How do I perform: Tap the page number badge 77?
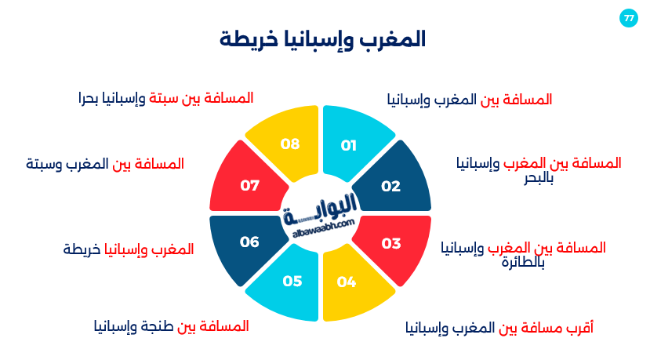[x=628, y=18]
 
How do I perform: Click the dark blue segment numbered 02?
[x=390, y=186]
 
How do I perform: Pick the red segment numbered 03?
[x=390, y=243]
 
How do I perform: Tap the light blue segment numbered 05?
[x=292, y=281]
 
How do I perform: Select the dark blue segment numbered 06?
[x=249, y=242]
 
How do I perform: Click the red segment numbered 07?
[x=249, y=186]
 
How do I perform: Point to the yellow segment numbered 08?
[x=290, y=144]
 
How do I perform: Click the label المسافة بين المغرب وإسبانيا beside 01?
[x=470, y=100]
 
